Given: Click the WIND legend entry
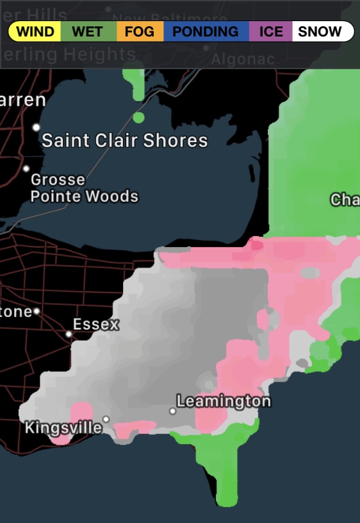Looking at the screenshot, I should pyautogui.click(x=35, y=31).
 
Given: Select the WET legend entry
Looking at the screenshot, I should pyautogui.click(x=88, y=31).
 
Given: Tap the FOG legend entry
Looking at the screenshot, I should pyautogui.click(x=140, y=31).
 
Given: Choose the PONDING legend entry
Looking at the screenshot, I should pyautogui.click(x=206, y=31).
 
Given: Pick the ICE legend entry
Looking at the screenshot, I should pyautogui.click(x=271, y=31).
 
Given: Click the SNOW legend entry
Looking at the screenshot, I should pyautogui.click(x=320, y=31).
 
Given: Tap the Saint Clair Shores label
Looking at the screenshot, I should pyautogui.click(x=125, y=141).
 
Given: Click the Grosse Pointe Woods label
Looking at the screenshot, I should pyautogui.click(x=85, y=188).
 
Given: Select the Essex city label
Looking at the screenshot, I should pyautogui.click(x=96, y=325).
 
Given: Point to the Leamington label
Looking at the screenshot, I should pyautogui.click(x=224, y=401).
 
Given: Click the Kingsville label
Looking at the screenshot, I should pyautogui.click(x=63, y=427).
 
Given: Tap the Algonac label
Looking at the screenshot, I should pyautogui.click(x=243, y=60).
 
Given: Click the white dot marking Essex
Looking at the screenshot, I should pyautogui.click(x=69, y=334).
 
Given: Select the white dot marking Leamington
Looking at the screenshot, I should pyautogui.click(x=172, y=411).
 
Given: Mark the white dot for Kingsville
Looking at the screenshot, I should pyautogui.click(x=106, y=419).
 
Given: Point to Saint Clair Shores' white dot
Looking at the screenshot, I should pyautogui.click(x=37, y=127).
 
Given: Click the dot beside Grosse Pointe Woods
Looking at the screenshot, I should pyautogui.click(x=26, y=169).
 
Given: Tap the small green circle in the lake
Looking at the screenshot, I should pyautogui.click(x=138, y=117).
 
